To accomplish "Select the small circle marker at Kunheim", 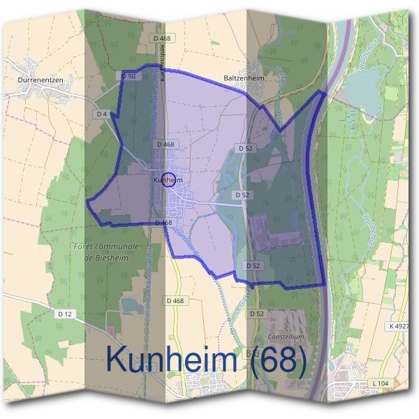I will (x=168, y=179).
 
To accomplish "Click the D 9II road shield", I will (x=128, y=75).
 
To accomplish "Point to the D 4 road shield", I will (x=101, y=114).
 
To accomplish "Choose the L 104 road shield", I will (x=381, y=383).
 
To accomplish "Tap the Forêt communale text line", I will (x=106, y=247).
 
